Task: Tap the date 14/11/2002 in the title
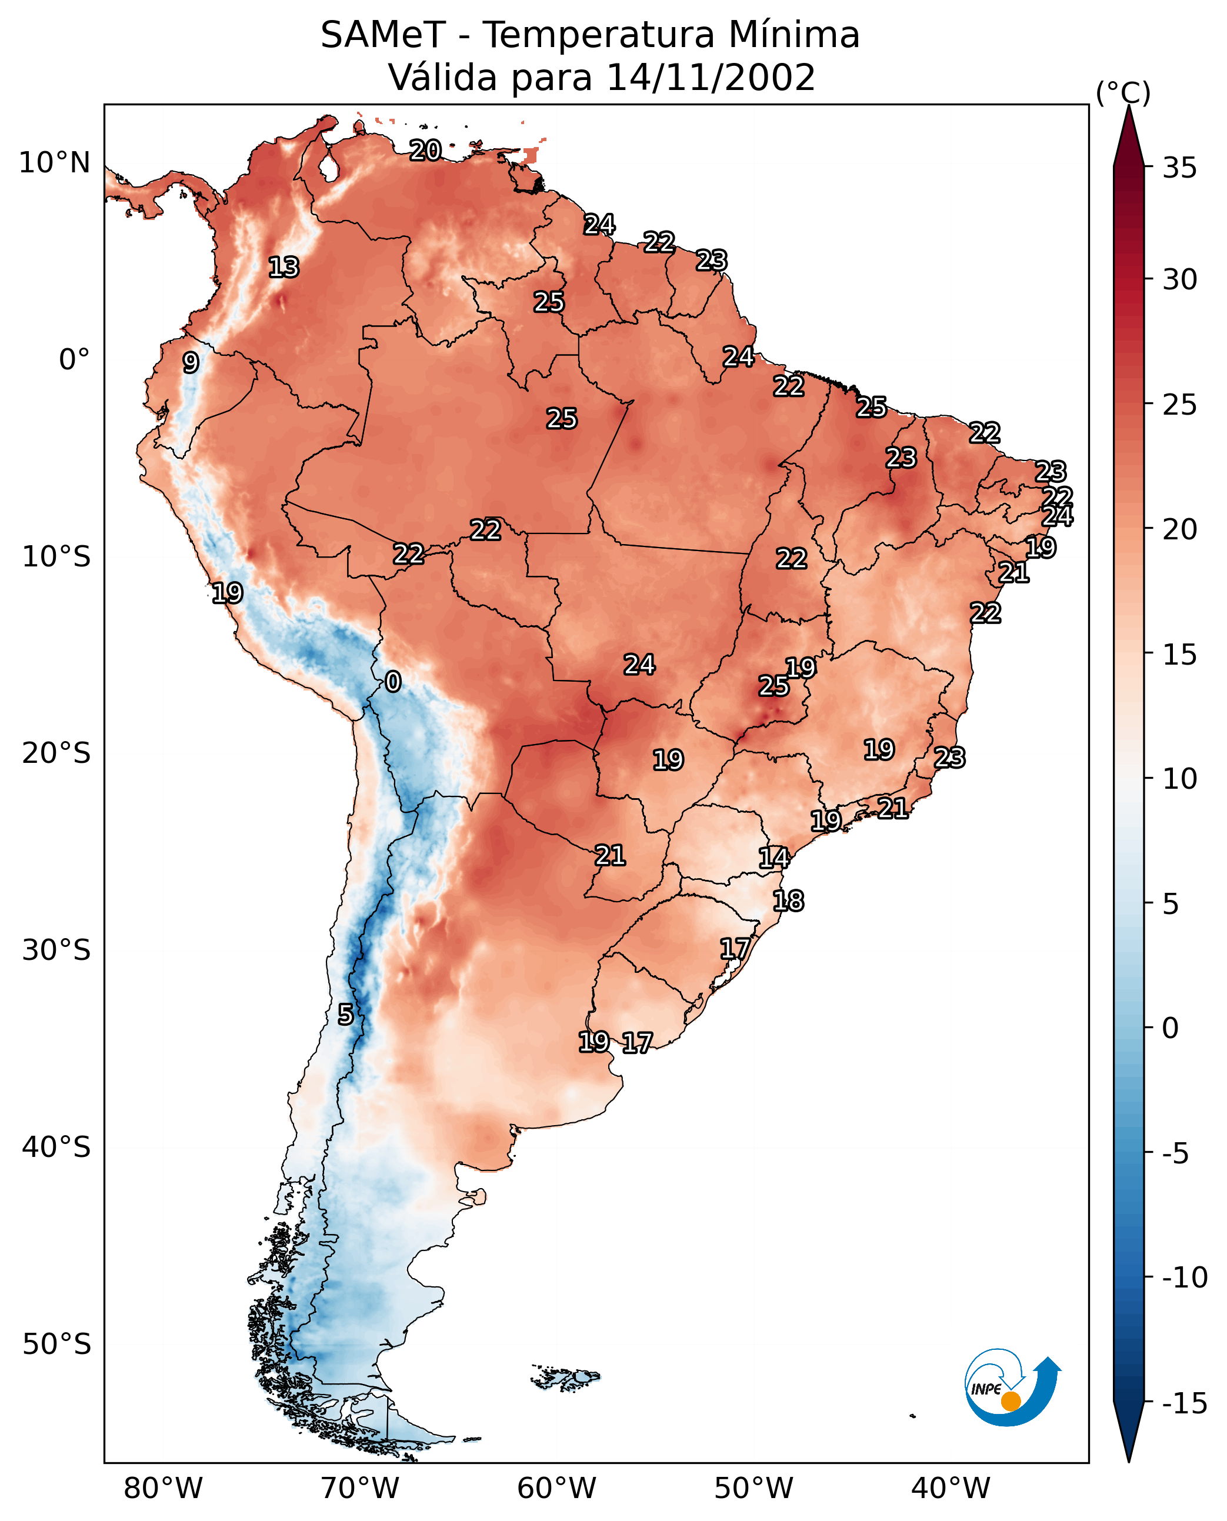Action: pos(711,78)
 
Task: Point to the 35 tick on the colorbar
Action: pos(1179,168)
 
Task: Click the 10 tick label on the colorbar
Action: pos(1179,779)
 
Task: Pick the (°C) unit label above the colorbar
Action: pos(1123,92)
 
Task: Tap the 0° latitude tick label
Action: pos(74,360)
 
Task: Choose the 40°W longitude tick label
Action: pos(951,1489)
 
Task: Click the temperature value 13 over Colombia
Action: pos(284,267)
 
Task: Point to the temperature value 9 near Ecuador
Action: pos(191,362)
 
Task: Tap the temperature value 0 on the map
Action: pos(393,681)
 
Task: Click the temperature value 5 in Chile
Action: pos(345,1014)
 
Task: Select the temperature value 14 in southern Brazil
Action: pos(773,858)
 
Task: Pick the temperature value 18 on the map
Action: pos(788,901)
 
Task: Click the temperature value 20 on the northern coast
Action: pos(425,150)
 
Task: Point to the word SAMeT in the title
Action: pos(383,35)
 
